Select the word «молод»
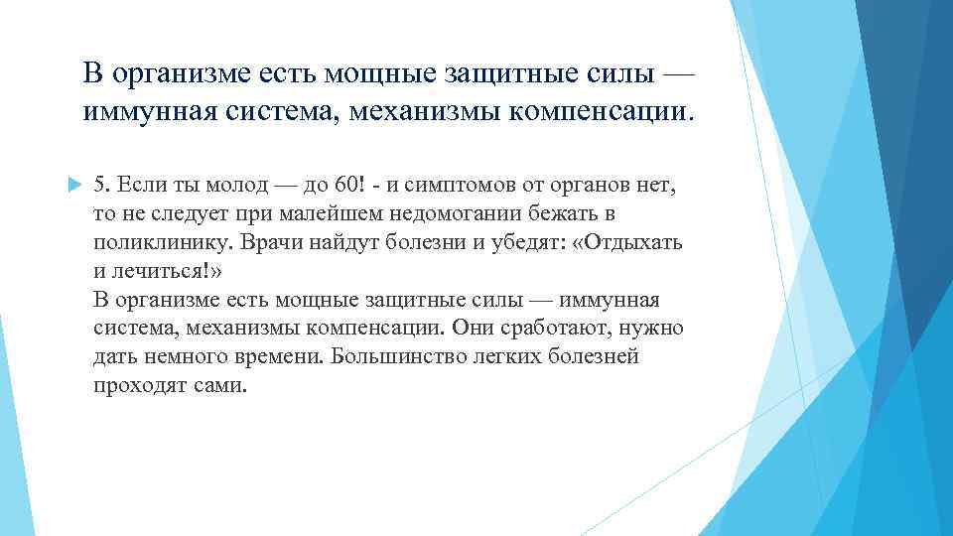click(232, 185)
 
